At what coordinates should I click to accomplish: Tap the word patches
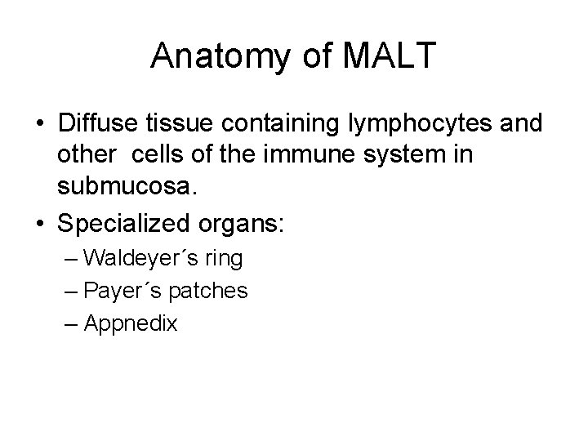click(x=212, y=291)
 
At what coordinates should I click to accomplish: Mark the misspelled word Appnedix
click(x=131, y=323)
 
